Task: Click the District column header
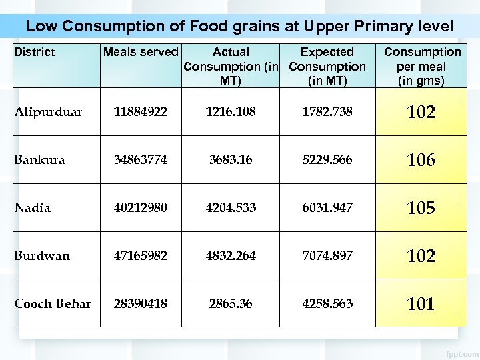tap(35, 52)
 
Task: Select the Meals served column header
tap(141, 52)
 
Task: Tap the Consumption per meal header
tap(422, 66)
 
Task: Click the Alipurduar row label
tap(49, 112)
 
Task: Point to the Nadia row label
tap(33, 208)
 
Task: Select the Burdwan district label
tap(42, 256)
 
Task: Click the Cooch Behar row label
tap(53, 304)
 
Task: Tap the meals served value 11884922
tap(141, 112)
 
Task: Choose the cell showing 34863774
tap(141, 160)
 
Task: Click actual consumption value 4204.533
tap(231, 208)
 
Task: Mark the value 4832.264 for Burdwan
tap(231, 256)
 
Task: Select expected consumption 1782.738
tap(327, 112)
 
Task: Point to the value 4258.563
tap(327, 304)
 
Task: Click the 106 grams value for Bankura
tap(421, 160)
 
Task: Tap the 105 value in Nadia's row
tap(421, 208)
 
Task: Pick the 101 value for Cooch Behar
tap(421, 304)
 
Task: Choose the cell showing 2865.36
tap(231, 304)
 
